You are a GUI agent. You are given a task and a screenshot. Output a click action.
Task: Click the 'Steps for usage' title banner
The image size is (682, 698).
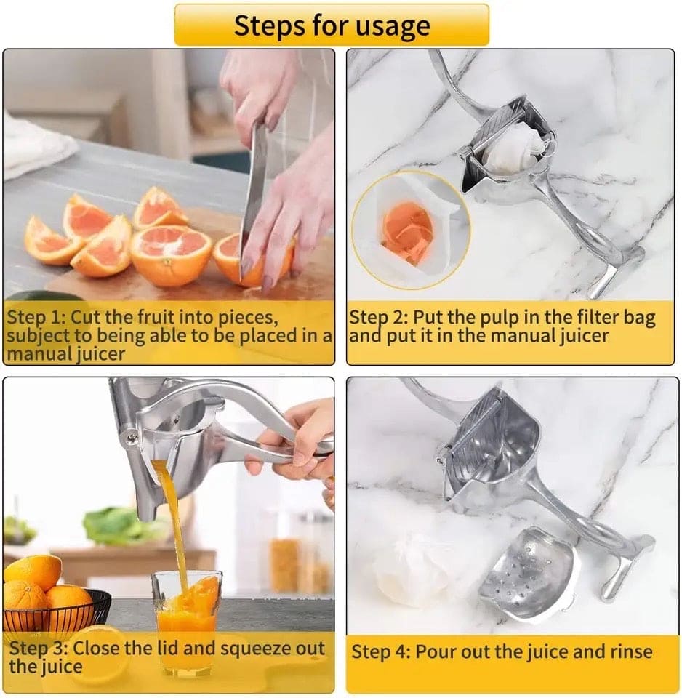(x=332, y=25)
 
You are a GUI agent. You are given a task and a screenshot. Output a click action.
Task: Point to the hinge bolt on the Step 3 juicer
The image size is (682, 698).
(x=132, y=437)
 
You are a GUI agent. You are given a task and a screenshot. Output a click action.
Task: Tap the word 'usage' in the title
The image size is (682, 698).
(x=393, y=25)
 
